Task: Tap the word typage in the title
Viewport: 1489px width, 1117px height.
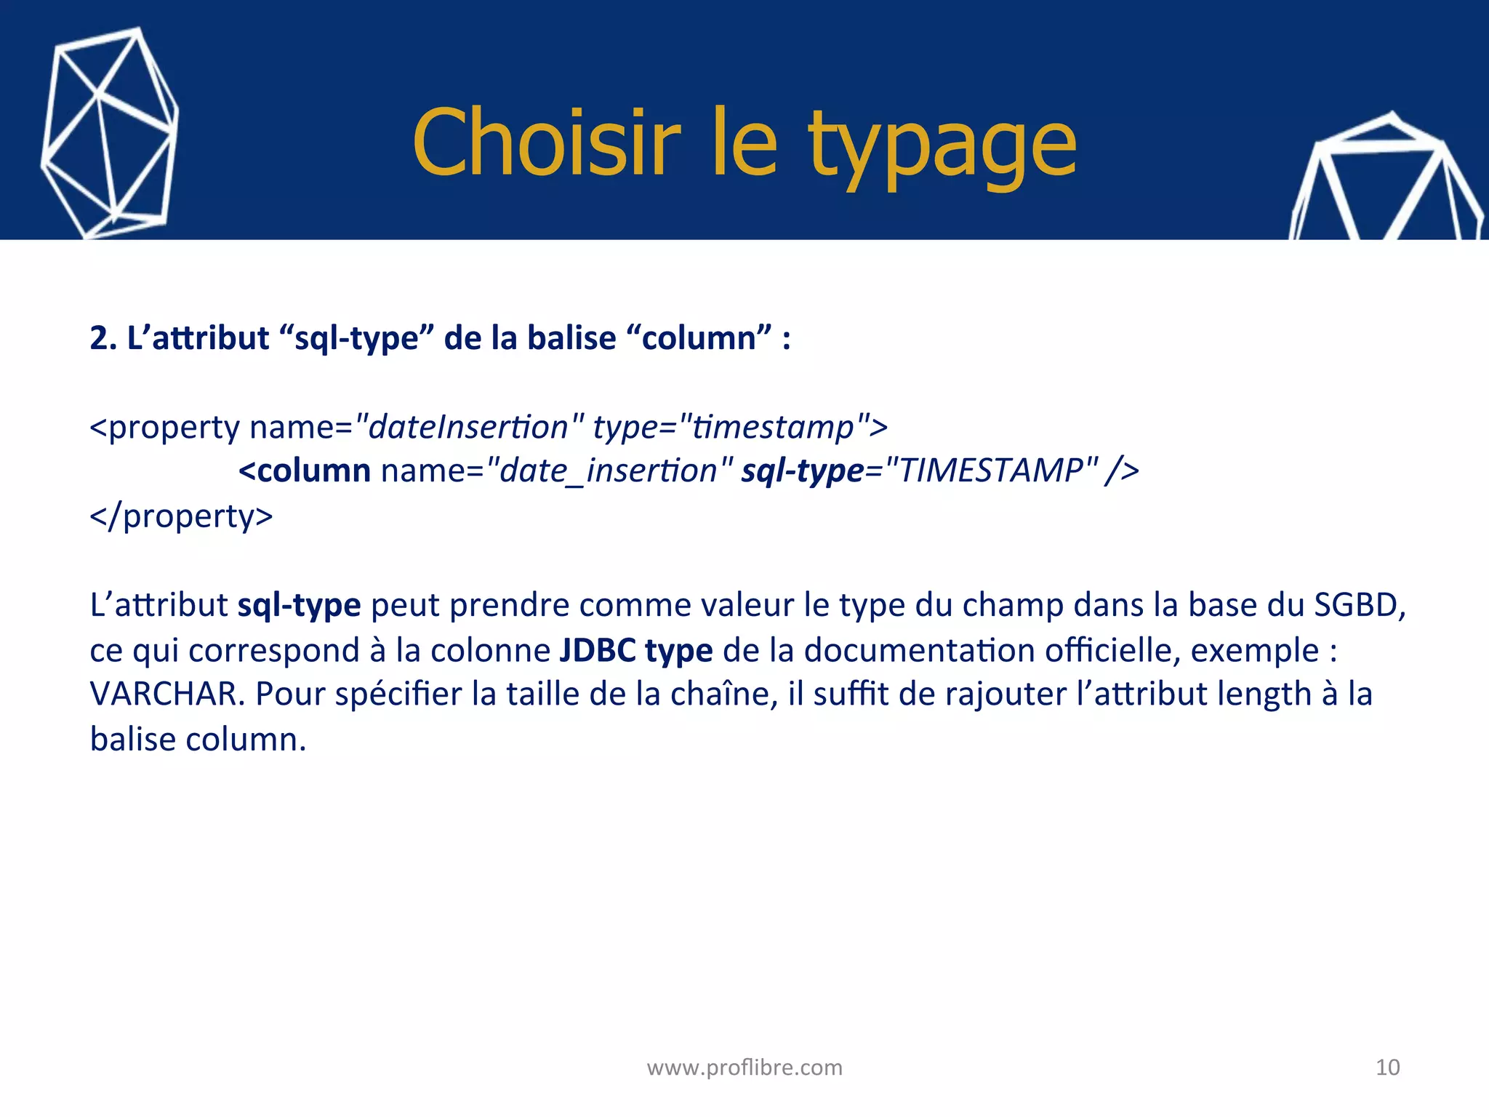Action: (942, 145)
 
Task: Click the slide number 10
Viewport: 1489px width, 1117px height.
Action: (1387, 1067)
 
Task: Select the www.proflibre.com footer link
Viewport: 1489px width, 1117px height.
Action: (744, 1067)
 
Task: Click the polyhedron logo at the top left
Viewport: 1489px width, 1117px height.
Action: (109, 135)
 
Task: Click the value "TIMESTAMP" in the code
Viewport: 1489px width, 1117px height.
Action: (992, 471)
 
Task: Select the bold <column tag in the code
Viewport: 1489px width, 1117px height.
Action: (305, 471)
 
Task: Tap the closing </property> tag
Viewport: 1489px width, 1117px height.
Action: (181, 516)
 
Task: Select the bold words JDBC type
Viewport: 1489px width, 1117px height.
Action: (636, 649)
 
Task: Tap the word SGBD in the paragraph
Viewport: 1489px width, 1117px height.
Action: (1359, 604)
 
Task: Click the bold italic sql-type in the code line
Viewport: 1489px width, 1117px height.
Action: (802, 471)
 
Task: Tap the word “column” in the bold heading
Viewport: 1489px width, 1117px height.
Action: (698, 338)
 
